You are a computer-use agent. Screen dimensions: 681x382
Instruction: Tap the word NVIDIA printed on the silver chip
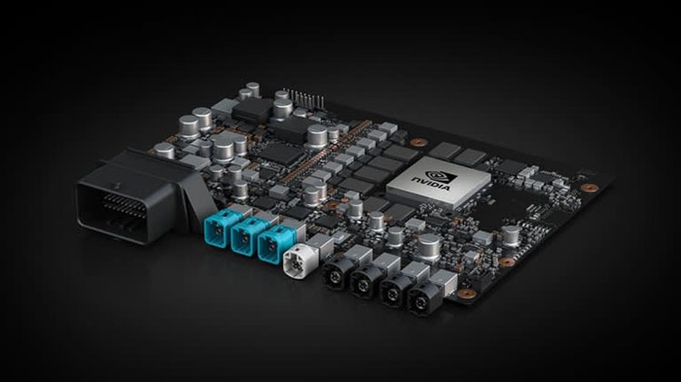(x=430, y=183)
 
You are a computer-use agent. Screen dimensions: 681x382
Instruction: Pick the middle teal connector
(x=248, y=235)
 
